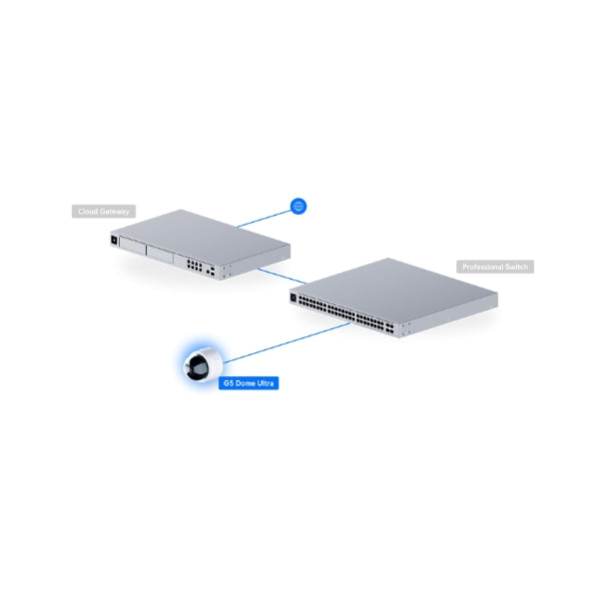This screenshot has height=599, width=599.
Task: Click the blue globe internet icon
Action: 298,207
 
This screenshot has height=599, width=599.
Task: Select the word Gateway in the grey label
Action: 116,212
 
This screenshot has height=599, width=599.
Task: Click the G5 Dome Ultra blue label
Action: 248,382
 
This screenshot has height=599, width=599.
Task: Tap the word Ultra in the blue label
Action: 266,382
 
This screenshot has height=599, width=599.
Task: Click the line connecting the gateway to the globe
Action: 262,218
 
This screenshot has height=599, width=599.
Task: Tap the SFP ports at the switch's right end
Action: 397,326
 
